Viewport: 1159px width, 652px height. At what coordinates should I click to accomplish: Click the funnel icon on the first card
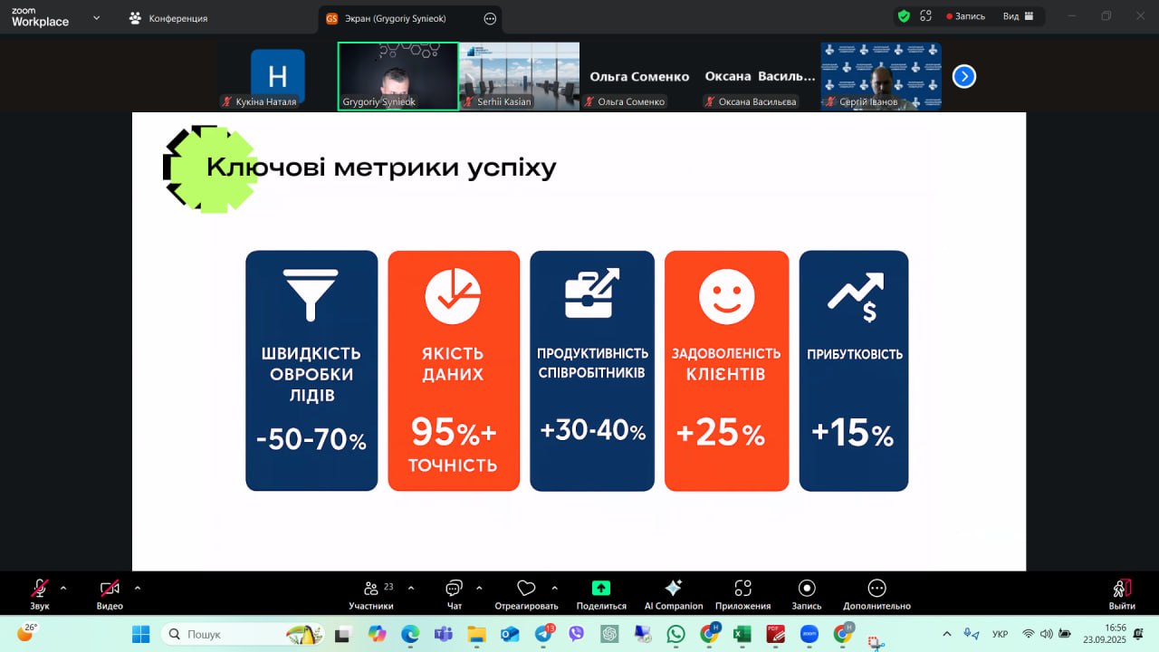pos(311,295)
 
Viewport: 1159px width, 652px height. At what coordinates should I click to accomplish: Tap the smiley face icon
pos(726,296)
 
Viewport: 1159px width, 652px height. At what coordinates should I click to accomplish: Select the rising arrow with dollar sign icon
pos(856,297)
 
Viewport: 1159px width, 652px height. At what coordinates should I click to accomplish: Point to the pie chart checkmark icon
pos(453,296)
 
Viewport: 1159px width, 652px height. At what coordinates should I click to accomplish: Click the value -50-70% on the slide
pos(311,439)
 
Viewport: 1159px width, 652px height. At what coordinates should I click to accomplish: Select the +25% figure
pos(720,432)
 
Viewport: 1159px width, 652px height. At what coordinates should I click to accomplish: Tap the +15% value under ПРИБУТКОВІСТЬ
pos(853,433)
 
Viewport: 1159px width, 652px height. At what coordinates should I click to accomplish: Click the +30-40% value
pos(593,430)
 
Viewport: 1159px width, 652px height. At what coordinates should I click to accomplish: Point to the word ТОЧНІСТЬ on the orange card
pos(453,465)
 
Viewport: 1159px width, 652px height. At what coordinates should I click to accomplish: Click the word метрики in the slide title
pos(397,168)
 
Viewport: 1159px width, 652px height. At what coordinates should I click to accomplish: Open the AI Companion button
pos(673,594)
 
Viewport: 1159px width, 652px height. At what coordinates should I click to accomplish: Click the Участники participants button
pos(371,594)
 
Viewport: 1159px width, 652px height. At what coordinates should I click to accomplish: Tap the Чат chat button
pos(454,594)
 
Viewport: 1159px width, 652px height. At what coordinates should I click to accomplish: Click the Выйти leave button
pos(1122,595)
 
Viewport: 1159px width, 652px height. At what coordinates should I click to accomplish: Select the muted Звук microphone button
pos(39,594)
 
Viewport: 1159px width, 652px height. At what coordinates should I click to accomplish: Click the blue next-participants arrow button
pos(964,77)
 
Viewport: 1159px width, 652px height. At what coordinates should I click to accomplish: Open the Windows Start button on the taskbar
pos(140,634)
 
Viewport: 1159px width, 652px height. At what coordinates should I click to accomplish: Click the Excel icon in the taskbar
pos(742,634)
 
